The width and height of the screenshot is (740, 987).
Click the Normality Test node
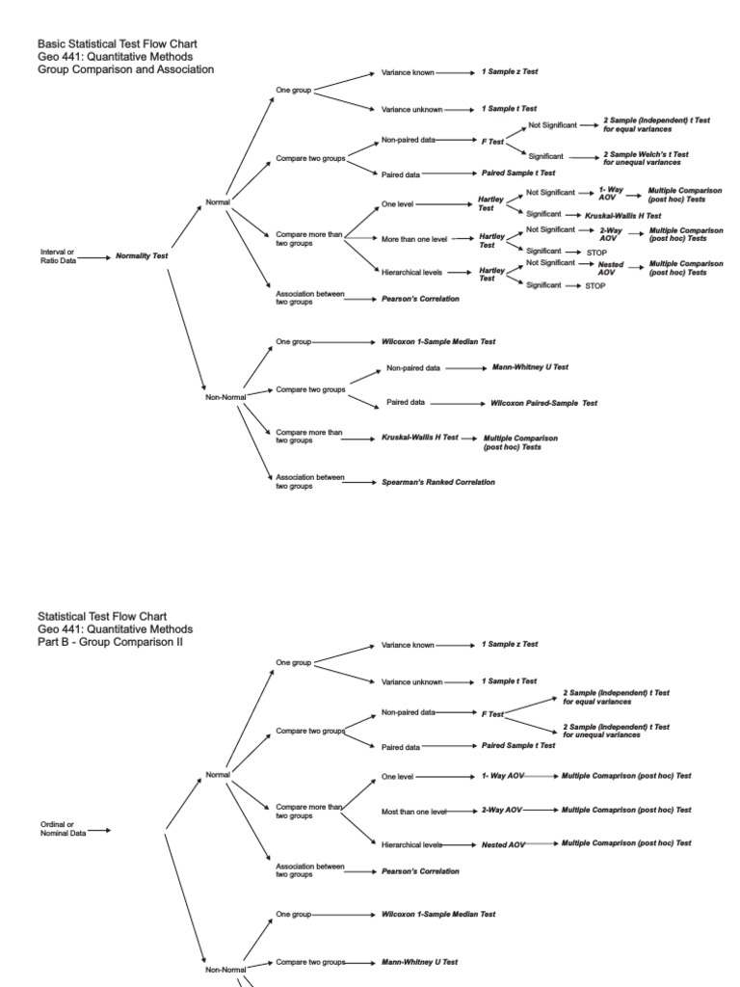[142, 256]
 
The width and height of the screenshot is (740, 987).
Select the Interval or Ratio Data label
[58, 256]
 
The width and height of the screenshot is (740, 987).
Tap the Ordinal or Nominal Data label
[63, 830]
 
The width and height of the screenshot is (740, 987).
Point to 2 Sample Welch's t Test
[646, 158]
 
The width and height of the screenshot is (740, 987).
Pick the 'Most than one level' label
[414, 811]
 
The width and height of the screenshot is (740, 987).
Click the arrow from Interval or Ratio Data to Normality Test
[94, 257]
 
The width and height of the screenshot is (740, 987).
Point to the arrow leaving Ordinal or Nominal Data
[99, 830]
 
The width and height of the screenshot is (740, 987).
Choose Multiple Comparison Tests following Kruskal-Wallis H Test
[519, 442]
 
